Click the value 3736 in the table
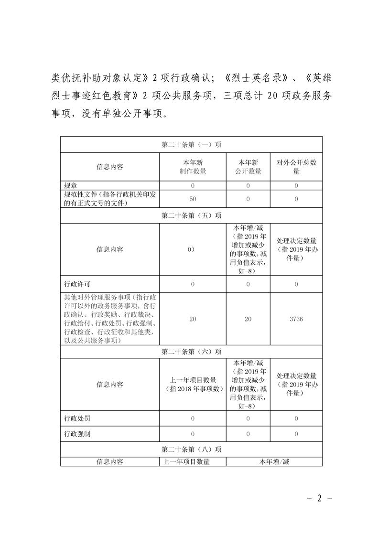coord(296,319)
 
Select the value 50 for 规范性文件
coord(193,198)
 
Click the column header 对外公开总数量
coord(296,167)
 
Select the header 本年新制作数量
coord(193,167)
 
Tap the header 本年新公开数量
coord(248,167)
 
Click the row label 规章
coord(71,185)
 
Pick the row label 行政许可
coord(77,284)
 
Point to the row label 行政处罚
coord(77,418)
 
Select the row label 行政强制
coord(77,434)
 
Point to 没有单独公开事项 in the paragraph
coord(126,114)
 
